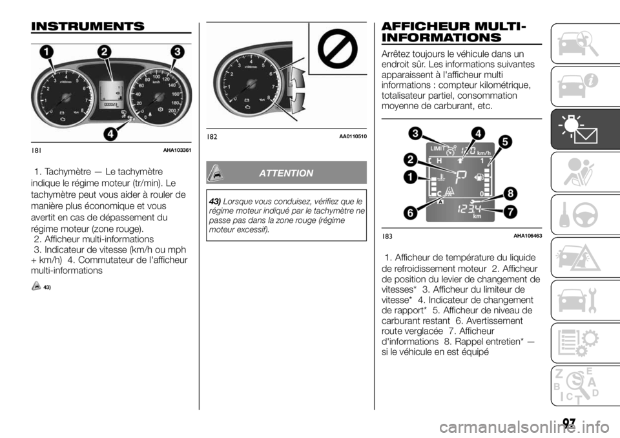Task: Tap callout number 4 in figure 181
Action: [110, 134]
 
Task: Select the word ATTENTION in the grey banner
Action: [286, 173]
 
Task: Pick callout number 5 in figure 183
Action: [504, 140]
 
